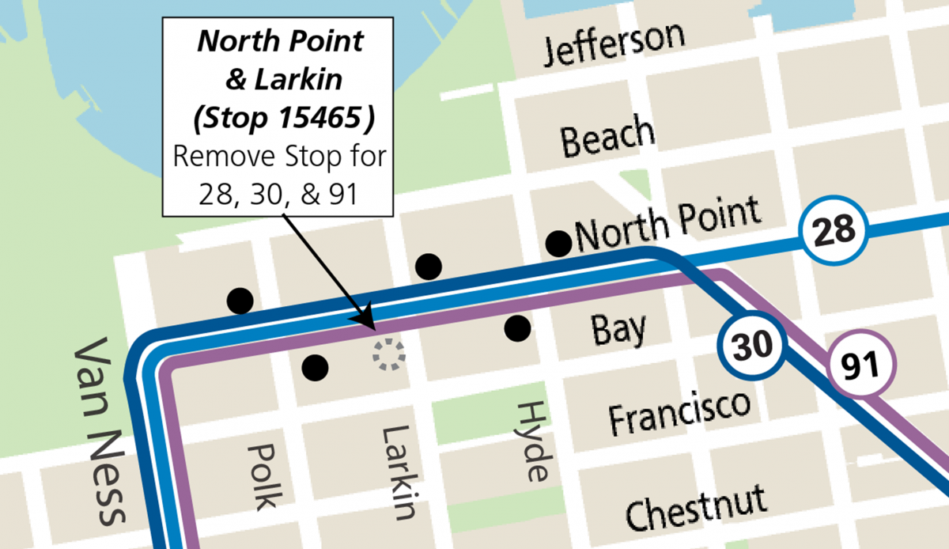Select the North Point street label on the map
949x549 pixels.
coord(668,222)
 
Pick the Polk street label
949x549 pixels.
coord(263,475)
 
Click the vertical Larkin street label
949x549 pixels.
coord(398,472)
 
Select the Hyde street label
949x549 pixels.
coord(532,441)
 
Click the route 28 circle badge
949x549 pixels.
coord(834,231)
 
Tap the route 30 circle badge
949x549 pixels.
coord(751,346)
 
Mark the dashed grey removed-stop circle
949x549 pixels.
coord(388,355)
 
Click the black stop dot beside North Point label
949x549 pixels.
coord(558,243)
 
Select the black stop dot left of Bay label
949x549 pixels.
coord(517,328)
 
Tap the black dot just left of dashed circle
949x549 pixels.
coord(315,365)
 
